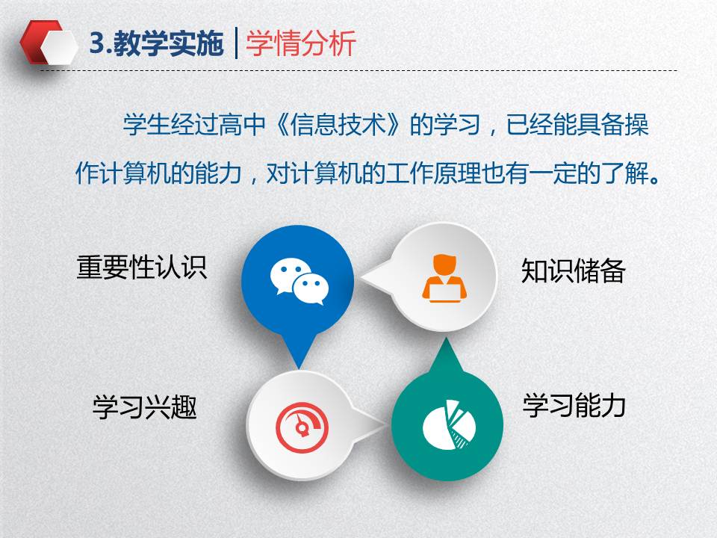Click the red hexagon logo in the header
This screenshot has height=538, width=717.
49,43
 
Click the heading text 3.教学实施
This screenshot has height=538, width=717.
156,44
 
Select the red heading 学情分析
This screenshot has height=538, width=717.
301,44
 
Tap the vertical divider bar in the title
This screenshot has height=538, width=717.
237,43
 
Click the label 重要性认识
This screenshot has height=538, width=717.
142,268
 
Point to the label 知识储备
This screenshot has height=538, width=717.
574,270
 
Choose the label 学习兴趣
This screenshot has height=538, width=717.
145,406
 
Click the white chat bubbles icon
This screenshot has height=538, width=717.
299,281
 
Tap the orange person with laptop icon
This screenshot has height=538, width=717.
444,278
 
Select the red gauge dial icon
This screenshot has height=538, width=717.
302,427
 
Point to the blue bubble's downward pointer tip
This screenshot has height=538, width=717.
299,368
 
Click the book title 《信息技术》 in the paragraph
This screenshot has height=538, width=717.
338,125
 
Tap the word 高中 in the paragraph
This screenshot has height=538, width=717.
242,125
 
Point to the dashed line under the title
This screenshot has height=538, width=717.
358,71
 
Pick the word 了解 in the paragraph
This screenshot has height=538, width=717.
626,173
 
